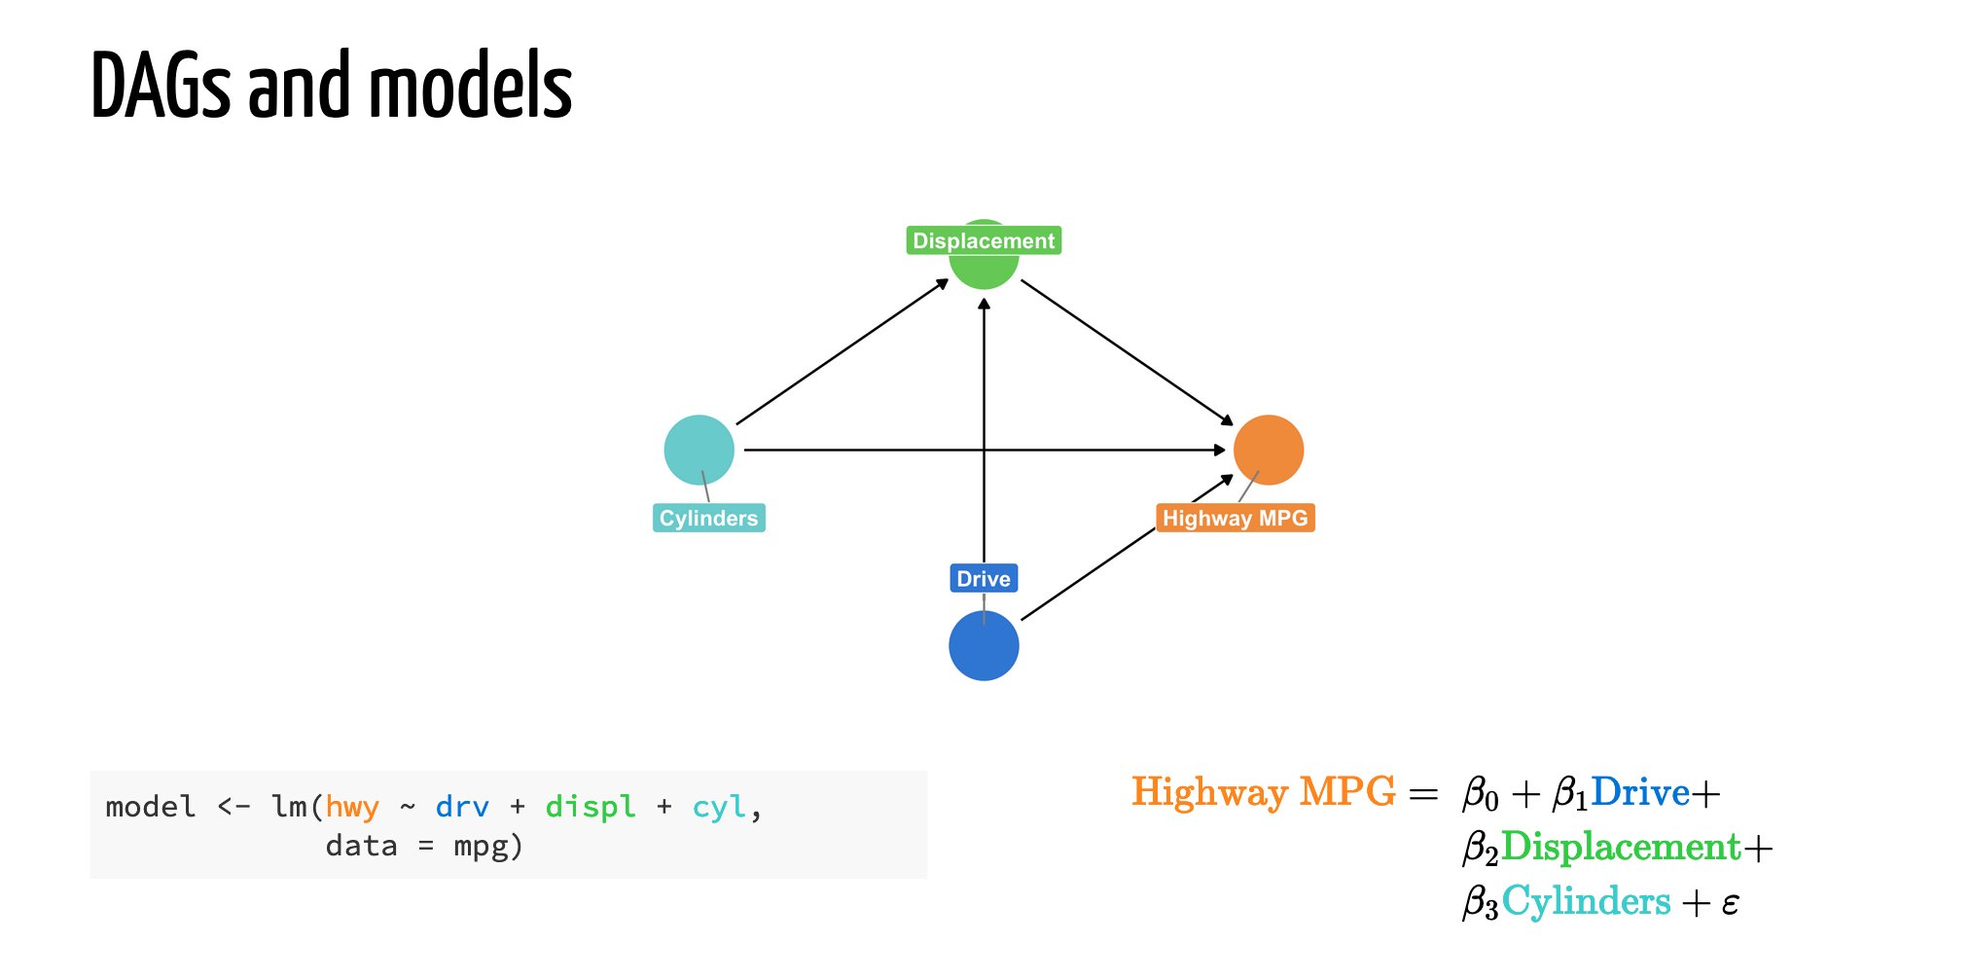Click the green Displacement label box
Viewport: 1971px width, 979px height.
point(984,240)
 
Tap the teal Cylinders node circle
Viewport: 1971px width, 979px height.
point(699,450)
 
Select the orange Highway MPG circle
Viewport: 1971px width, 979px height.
point(1269,450)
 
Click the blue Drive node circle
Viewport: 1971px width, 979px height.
point(984,646)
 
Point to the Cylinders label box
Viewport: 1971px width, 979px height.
point(708,518)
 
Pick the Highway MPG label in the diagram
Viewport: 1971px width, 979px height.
point(1235,518)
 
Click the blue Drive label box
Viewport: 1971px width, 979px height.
point(984,578)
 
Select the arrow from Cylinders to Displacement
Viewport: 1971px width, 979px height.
point(842,352)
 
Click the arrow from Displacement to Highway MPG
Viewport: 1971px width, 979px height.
point(1127,352)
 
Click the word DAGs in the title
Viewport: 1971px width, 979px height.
point(161,87)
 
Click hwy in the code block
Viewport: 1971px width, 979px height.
point(351,807)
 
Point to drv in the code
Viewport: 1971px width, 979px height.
point(462,807)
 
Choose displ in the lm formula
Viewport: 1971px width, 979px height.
point(591,807)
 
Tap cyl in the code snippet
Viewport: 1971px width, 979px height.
point(719,807)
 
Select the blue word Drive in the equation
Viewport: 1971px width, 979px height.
point(1640,792)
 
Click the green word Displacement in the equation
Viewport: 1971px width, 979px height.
point(1621,847)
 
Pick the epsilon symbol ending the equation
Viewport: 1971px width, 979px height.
point(1730,904)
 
